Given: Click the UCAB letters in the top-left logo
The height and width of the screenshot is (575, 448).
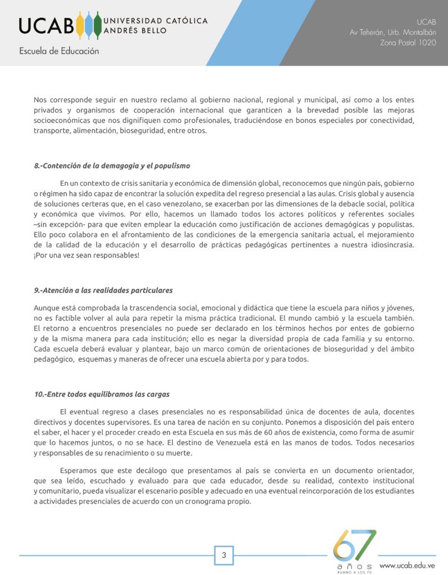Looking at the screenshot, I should click(x=46, y=25).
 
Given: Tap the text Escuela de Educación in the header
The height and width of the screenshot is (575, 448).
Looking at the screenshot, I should click(x=59, y=51).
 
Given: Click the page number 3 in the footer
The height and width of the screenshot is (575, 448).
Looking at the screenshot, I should click(x=224, y=556).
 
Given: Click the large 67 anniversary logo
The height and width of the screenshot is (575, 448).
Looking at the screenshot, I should click(x=355, y=546).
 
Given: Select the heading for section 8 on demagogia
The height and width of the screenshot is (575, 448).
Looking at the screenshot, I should click(x=112, y=166).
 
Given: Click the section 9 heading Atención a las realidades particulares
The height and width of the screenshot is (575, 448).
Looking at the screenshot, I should click(x=103, y=290).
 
